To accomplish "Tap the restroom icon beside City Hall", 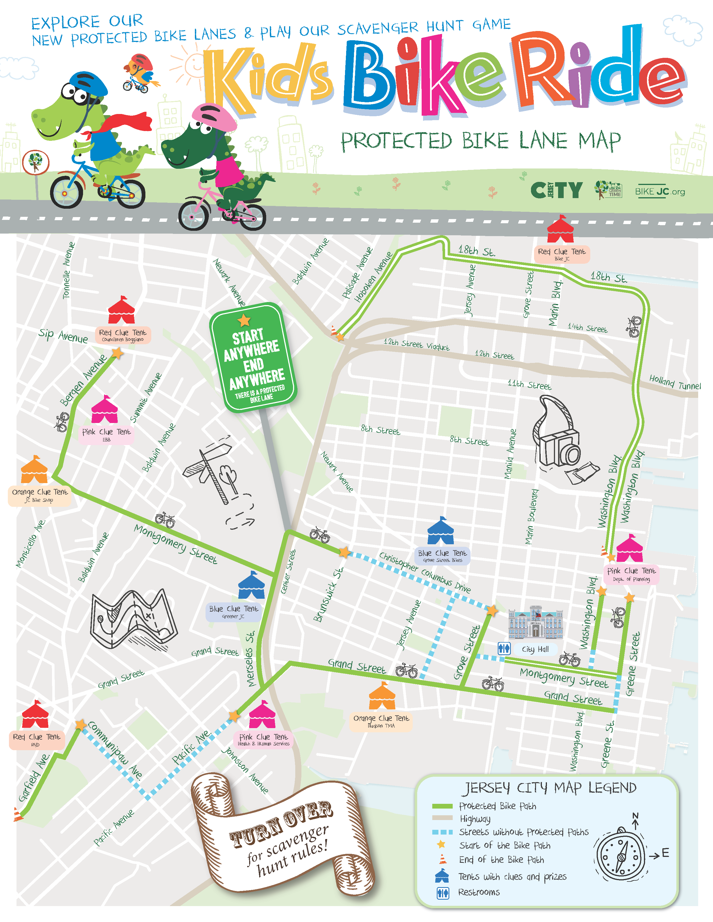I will tap(504, 648).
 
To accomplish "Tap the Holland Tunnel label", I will tap(675, 382).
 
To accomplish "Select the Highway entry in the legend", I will tap(475, 819).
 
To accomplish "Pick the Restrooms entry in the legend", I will tap(479, 892).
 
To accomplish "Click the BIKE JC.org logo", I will tap(660, 192).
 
